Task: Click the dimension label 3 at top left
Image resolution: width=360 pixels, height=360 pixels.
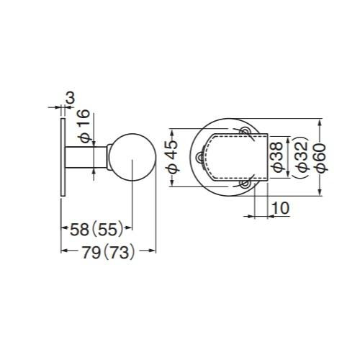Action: [71, 98]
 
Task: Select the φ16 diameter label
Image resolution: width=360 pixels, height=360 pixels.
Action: [84, 126]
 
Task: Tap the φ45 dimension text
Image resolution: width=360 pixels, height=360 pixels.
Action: [172, 157]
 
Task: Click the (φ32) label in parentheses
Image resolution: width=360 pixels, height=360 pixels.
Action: [301, 157]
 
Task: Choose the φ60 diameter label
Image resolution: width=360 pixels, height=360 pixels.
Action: [321, 158]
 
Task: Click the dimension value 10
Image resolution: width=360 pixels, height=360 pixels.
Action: [281, 208]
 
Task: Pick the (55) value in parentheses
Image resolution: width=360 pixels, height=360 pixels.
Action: [107, 230]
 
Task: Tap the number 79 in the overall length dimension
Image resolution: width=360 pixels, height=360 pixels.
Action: [91, 253]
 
